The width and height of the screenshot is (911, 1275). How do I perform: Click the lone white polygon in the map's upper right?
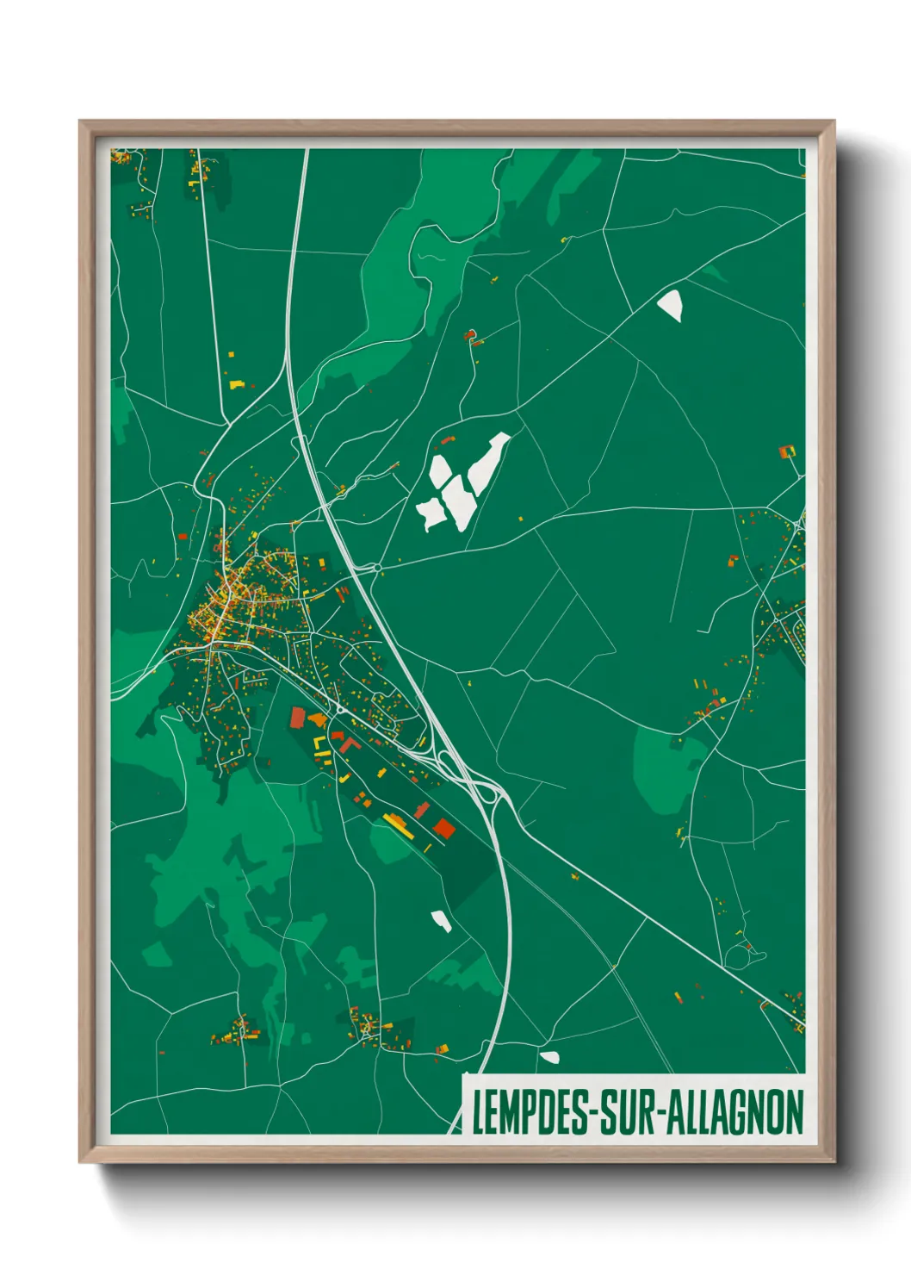pyautogui.click(x=671, y=304)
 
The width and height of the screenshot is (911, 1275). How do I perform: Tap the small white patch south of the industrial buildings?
pyautogui.click(x=442, y=920)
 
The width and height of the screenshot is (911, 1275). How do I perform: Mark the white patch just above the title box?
pyautogui.click(x=549, y=1056)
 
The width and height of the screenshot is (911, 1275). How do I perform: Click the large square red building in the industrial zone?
pyautogui.click(x=443, y=828)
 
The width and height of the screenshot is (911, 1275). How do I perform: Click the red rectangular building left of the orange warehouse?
pyautogui.click(x=298, y=718)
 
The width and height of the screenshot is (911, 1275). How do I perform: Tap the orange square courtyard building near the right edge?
pyautogui.click(x=787, y=451)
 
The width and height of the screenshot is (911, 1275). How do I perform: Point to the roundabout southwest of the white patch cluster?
pyautogui.click(x=377, y=568)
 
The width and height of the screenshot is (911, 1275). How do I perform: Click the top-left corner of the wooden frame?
pyautogui.click(x=81, y=122)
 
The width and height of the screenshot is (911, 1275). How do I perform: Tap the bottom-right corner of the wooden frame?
pyautogui.click(x=834, y=1160)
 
